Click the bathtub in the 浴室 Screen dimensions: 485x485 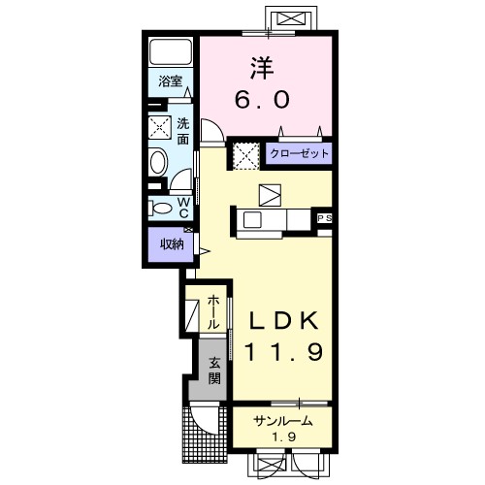click(x=171, y=51)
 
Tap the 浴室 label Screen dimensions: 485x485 click(x=170, y=81)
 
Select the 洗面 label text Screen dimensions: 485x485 click(x=183, y=131)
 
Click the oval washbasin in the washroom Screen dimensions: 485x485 click(x=158, y=161)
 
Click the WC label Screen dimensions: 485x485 click(x=183, y=208)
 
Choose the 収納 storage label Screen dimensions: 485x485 click(x=172, y=244)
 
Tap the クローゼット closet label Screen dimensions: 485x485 click(x=299, y=153)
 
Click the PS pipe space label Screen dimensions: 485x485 click(x=325, y=218)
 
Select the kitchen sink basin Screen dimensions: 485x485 click(x=252, y=220)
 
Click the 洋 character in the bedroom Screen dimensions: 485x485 click(x=262, y=68)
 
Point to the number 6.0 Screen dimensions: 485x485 click(x=262, y=100)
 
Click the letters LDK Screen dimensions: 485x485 click(x=283, y=321)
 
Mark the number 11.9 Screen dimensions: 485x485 click(x=283, y=352)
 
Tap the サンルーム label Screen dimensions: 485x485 click(x=283, y=421)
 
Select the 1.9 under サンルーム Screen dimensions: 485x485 click(x=283, y=437)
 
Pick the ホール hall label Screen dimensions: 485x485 click(x=213, y=311)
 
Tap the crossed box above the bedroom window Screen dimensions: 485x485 click(x=291, y=18)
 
